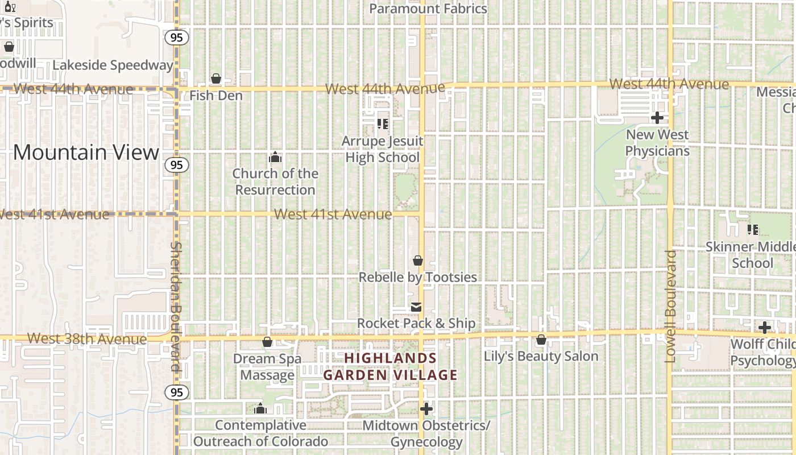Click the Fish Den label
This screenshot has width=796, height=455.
coord(216,96)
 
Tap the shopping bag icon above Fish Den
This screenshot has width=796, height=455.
coord(216,78)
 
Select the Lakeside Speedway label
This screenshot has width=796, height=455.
coord(113,65)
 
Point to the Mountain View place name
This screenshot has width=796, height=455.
coord(86,152)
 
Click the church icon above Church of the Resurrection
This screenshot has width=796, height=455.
coord(275,157)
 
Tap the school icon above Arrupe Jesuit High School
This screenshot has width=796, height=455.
coord(383,123)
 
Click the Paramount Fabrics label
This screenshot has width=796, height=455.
coord(428,9)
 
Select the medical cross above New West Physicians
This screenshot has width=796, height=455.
coord(657,118)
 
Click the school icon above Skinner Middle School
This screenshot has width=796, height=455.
coord(753,230)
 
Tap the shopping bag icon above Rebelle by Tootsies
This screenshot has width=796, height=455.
coord(418,260)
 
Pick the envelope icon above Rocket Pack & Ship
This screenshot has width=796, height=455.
coord(416,307)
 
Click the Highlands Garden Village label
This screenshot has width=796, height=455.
coord(391,366)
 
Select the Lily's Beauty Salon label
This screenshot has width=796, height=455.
coord(541,357)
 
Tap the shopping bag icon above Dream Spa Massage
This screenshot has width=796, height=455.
coord(267,342)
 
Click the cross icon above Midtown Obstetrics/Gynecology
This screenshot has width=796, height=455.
coord(426,408)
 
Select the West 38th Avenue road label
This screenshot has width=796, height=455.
coord(87,339)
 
